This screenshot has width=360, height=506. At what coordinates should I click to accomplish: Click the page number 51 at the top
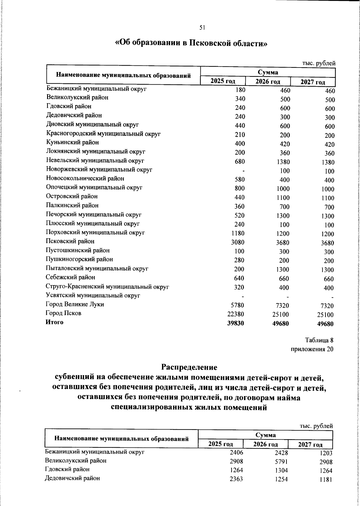(202, 28)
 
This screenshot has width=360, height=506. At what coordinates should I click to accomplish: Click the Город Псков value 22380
(236, 314)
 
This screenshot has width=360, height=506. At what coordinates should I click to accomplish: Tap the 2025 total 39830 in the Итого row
(236, 323)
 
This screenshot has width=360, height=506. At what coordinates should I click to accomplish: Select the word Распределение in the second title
(189, 367)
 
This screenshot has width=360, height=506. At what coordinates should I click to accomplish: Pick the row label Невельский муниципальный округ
(95, 161)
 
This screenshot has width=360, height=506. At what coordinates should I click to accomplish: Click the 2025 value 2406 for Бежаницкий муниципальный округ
(236, 461)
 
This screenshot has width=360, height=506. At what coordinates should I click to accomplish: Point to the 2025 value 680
(240, 161)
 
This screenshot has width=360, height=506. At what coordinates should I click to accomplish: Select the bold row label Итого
(54, 322)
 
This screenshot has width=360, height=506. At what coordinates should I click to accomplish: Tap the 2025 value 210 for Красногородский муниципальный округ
(240, 134)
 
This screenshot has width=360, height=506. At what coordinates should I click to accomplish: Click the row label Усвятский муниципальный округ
(93, 296)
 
